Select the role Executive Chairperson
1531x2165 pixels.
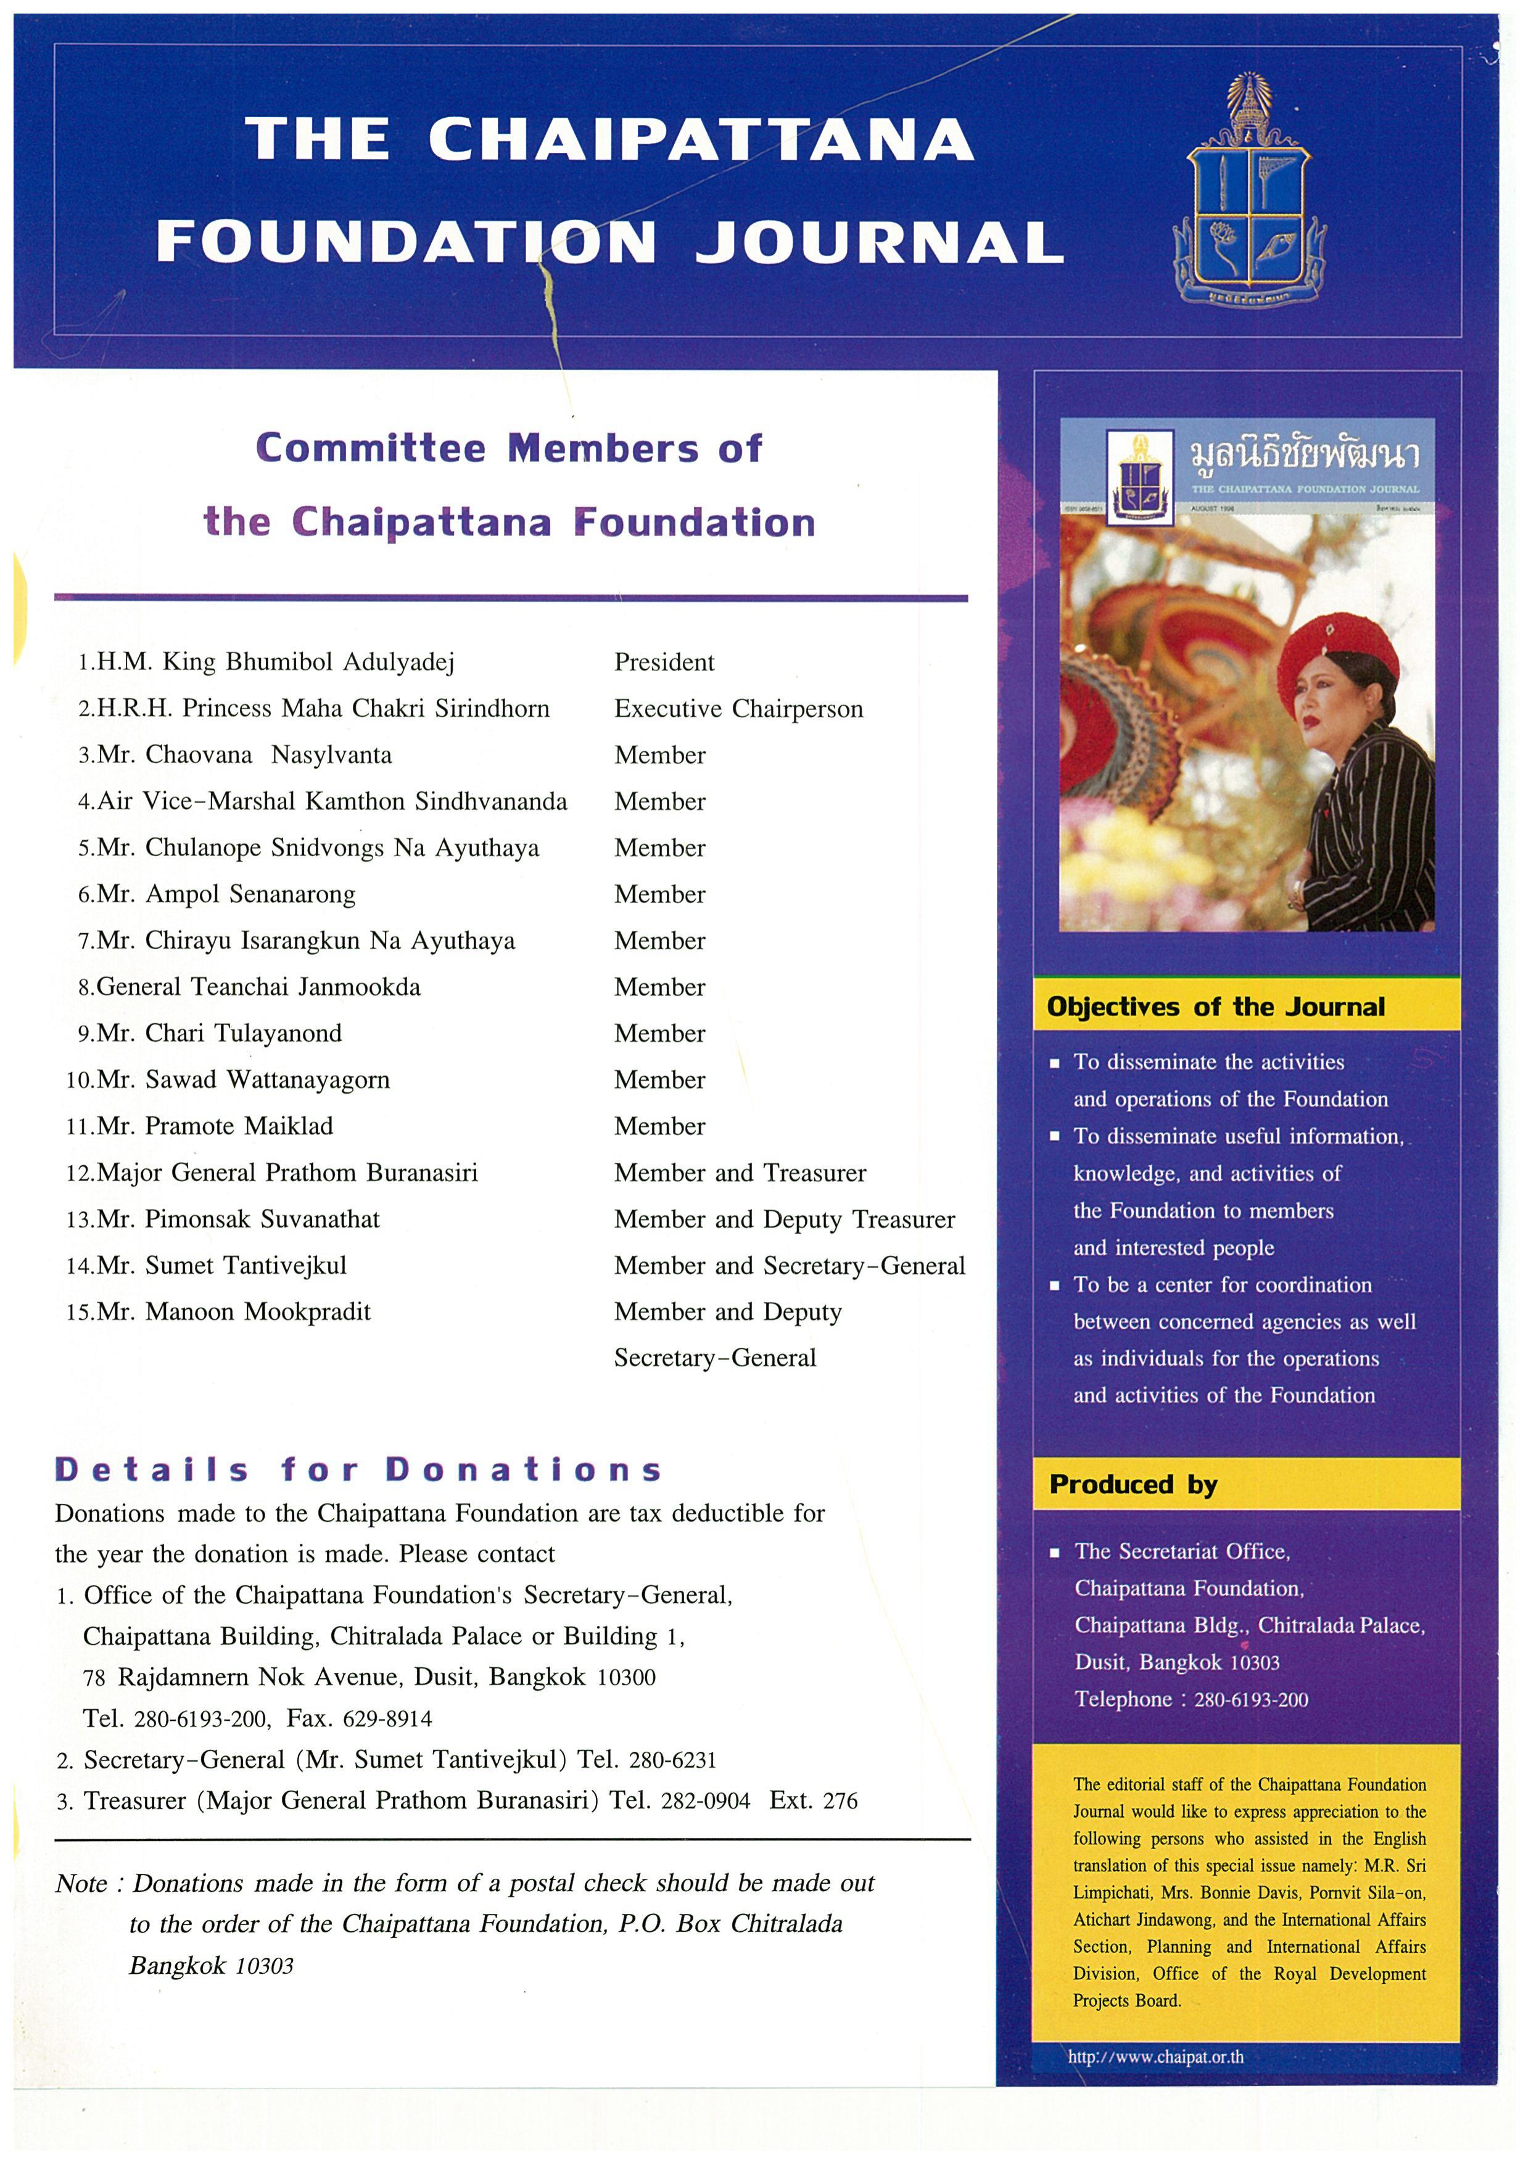tap(738, 709)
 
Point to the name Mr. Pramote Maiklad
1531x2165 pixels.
tap(215, 1126)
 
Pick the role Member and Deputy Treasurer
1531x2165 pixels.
tap(785, 1219)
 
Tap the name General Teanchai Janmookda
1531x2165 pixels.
tap(258, 988)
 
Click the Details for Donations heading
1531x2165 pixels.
tap(358, 1470)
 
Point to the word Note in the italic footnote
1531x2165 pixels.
tap(81, 1884)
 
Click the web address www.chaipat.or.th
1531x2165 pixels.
tap(1155, 2056)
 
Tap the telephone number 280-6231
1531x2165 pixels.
tap(672, 1760)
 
